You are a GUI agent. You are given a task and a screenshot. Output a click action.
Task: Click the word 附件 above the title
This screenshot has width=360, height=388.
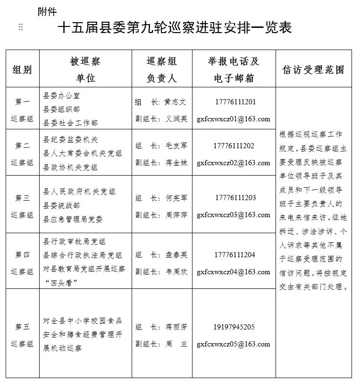pos(47,12)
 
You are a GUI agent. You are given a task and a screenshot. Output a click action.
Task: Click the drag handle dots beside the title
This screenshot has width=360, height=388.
pos(20,27)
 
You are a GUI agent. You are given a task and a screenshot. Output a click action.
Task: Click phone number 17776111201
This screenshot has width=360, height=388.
pos(234,102)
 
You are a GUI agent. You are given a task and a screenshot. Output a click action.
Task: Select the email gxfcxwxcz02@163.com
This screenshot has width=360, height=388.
pos(234,163)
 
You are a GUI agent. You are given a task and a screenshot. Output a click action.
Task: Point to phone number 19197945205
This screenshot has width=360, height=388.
pos(234,327)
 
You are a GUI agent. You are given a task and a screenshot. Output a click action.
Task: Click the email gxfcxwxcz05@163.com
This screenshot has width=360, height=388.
pos(234,344)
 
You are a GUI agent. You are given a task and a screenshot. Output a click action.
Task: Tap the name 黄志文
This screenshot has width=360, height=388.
pos(176,102)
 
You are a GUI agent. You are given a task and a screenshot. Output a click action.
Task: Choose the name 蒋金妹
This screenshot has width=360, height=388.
pos(176,163)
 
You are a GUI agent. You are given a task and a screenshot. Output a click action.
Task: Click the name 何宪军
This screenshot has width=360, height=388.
pos(176,198)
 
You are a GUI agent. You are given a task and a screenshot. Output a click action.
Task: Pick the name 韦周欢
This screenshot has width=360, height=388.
pos(176,272)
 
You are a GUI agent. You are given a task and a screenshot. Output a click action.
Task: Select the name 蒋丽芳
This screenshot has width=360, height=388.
pos(176,327)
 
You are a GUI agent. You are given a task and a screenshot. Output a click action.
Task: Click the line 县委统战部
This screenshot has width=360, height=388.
pos(62,205)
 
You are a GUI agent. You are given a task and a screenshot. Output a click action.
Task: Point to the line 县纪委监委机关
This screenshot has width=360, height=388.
pos(71,140)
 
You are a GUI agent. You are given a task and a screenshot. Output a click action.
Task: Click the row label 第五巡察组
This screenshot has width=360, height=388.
pos(22,335)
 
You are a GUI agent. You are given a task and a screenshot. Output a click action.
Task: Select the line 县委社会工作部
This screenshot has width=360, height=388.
pos(71,123)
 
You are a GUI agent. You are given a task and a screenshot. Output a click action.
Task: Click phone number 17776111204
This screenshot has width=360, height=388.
pos(234,255)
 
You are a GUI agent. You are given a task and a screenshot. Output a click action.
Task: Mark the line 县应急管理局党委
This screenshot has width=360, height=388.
pos(73,219)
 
